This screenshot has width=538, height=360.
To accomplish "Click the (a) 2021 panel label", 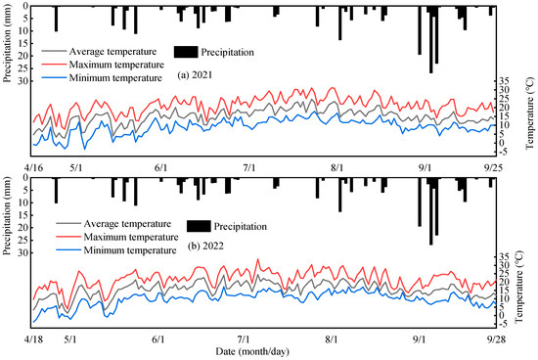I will click(x=198, y=75).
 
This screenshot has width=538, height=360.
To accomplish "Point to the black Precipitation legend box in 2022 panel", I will click(x=200, y=226).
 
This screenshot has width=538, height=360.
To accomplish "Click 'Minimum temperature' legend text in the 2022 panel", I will click(x=121, y=251).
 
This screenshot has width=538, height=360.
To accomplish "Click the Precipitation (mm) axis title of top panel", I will click(x=8, y=44).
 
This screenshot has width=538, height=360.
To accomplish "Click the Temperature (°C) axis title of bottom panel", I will click(x=527, y=286).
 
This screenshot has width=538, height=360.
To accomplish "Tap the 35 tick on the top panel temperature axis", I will click(x=504, y=80).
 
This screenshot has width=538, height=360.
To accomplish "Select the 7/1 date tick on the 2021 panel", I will click(x=249, y=168).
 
